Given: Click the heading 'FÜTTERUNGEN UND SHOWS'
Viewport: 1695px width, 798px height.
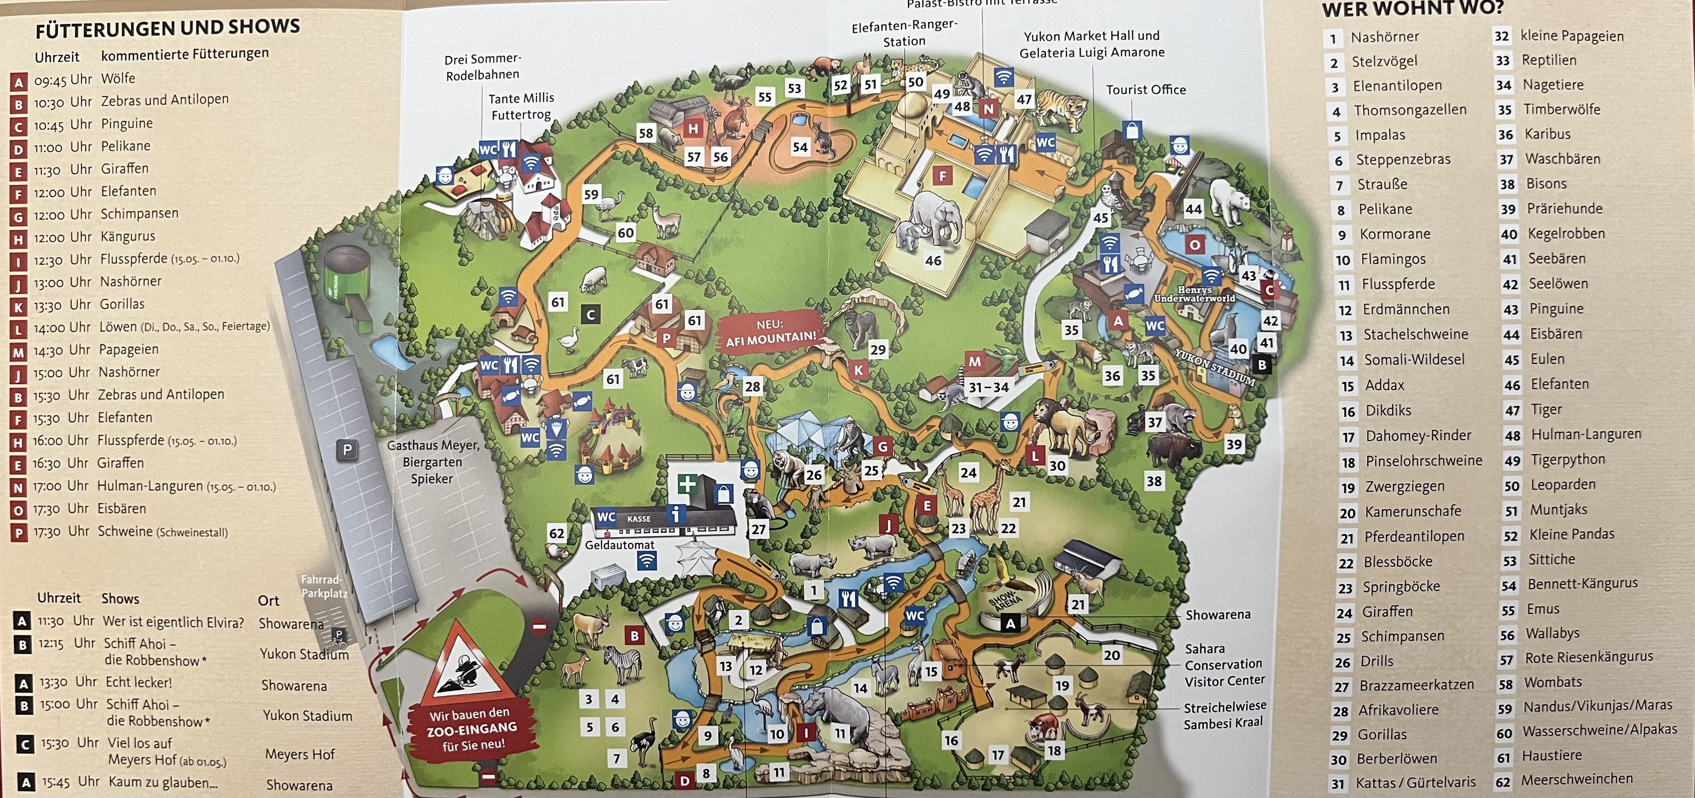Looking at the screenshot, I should pyautogui.click(x=168, y=28).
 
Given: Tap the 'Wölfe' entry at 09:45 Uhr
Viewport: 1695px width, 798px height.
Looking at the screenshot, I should pyautogui.click(x=118, y=78).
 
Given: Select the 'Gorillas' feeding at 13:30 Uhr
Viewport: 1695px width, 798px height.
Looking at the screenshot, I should pyautogui.click(x=122, y=304).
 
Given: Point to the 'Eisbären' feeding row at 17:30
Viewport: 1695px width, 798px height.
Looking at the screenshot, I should pyautogui.click(x=122, y=508).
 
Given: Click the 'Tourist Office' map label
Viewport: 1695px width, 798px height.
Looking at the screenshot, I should pyautogui.click(x=1145, y=90).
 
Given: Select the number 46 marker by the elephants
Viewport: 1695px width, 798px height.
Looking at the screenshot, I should pyautogui.click(x=933, y=260).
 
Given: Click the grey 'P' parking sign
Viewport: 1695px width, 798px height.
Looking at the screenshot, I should pyautogui.click(x=347, y=450).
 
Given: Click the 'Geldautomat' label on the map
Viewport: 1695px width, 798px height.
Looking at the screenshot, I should pyautogui.click(x=619, y=545).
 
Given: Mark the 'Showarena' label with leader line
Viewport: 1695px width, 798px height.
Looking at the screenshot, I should pyautogui.click(x=1217, y=614).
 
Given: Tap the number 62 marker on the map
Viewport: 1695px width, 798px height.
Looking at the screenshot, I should pyautogui.click(x=557, y=533).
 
